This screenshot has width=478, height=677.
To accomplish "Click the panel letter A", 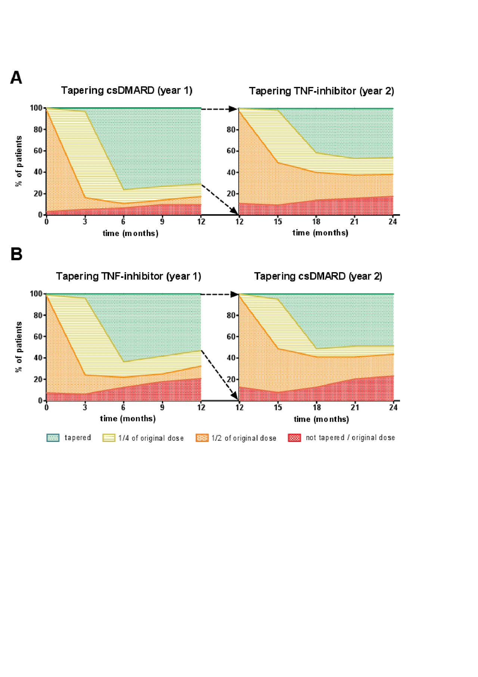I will point(16,78).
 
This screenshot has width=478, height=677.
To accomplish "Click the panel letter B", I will point(16,254).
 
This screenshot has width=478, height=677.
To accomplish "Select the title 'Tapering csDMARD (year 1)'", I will point(127,91).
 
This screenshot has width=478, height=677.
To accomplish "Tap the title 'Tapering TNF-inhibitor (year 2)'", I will point(322,91).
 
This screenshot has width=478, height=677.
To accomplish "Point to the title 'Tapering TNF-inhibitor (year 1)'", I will point(128,276).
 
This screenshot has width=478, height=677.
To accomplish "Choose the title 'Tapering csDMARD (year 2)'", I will point(318,276).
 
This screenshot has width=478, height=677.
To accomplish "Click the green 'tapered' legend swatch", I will point(53,438).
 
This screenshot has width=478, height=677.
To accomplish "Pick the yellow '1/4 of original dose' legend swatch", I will point(109,438).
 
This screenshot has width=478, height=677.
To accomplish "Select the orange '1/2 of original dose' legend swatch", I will point(202,438).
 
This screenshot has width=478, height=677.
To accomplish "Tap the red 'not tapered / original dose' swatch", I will point(294,438).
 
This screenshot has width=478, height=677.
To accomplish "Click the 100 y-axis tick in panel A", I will point(36,108).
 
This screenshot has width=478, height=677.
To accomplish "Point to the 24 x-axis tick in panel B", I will point(393,407).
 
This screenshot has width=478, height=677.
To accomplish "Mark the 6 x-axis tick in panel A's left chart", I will point(123,221).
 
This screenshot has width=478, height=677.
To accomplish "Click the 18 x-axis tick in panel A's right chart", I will point(316,221).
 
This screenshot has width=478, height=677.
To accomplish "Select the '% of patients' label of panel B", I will point(19,347).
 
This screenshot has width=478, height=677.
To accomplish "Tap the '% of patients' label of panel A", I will point(19,161).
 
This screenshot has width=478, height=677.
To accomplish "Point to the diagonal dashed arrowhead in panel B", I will point(235,396).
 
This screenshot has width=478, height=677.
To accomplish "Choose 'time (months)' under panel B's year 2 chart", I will point(321,419).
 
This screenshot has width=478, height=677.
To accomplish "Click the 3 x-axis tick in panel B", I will point(85,407).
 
